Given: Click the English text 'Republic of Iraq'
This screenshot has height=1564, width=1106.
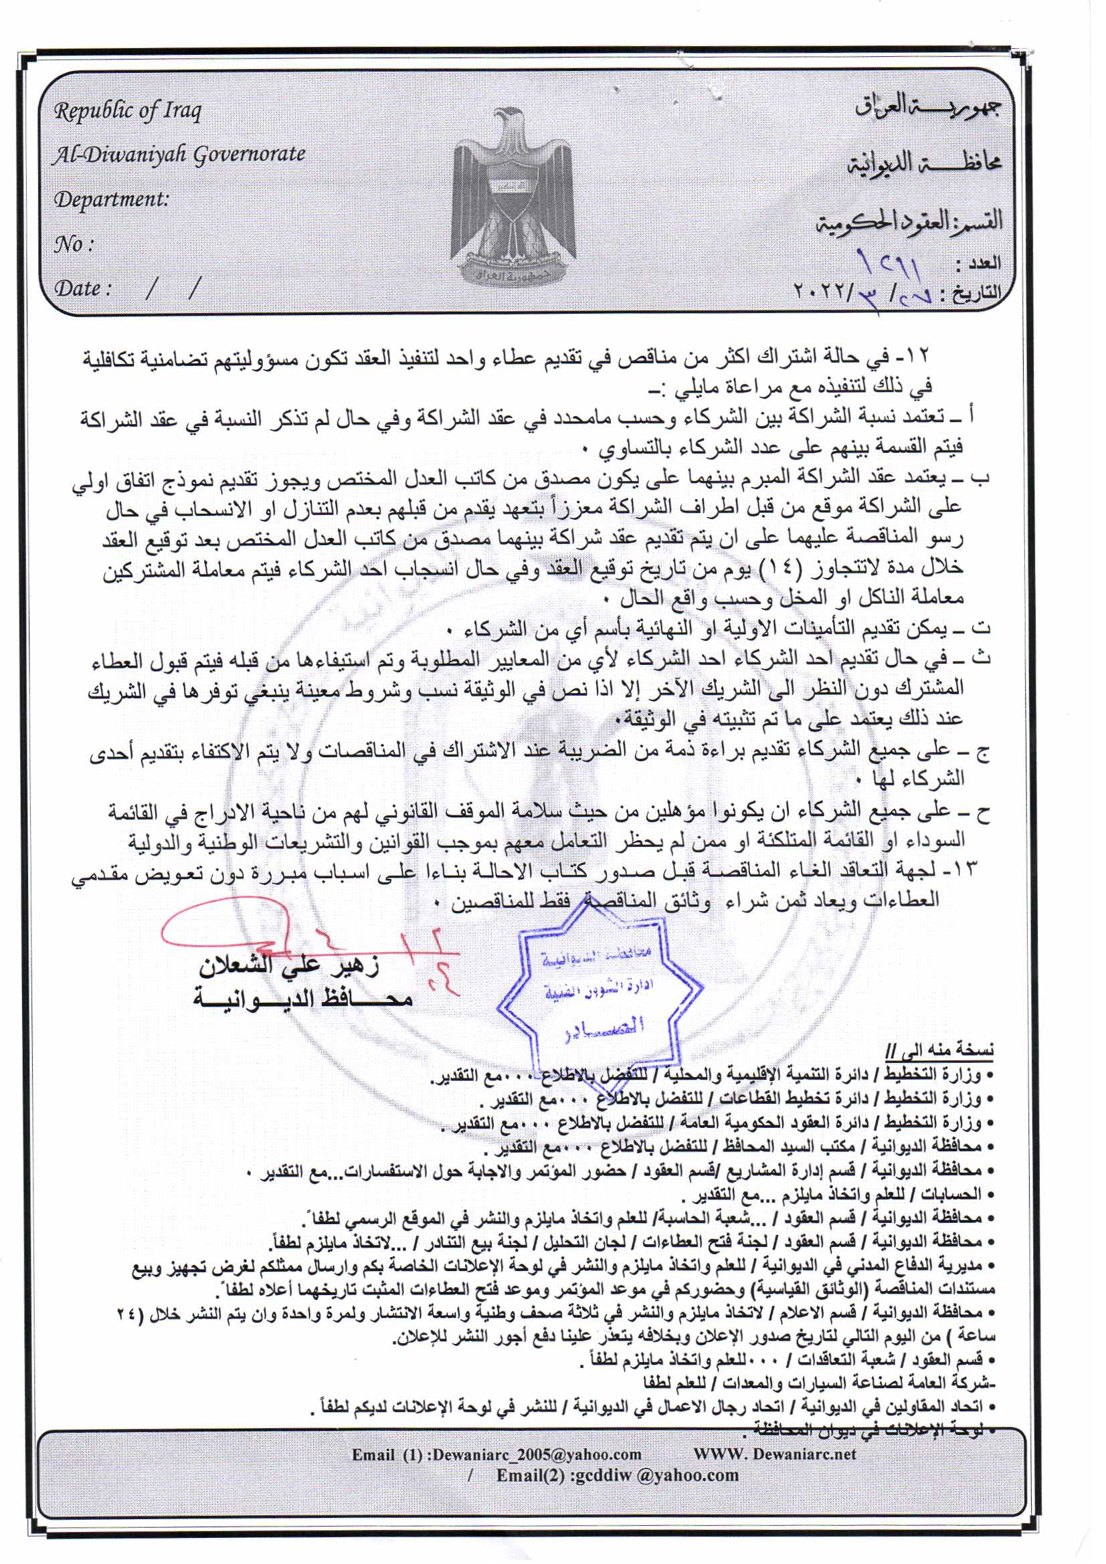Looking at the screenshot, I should point(127,110).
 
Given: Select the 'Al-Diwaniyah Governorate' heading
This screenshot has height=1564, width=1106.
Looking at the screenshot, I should point(179,155).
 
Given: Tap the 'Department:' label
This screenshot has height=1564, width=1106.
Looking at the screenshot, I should point(110,199).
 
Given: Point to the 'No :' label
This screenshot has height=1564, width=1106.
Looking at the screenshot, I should point(73,245).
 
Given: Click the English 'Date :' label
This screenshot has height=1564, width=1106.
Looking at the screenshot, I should point(82,289).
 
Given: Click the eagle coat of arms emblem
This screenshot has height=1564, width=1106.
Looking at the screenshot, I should point(513,197).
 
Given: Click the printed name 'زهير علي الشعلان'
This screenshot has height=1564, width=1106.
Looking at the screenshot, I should point(289,967).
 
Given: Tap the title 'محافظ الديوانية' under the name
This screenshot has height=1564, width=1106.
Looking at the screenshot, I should point(302,998).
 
